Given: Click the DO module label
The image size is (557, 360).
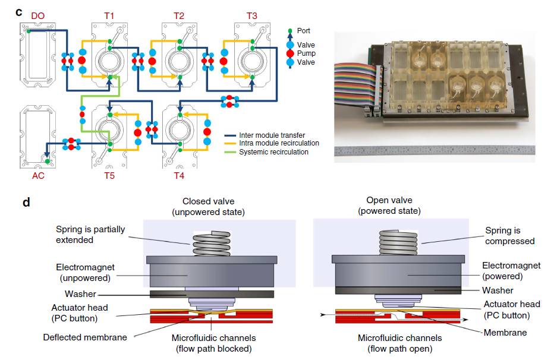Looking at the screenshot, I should (x=37, y=15).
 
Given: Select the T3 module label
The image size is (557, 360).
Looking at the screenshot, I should (x=251, y=15).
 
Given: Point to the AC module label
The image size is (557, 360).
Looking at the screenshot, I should (x=37, y=176).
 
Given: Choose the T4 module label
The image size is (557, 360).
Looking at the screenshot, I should (x=180, y=176).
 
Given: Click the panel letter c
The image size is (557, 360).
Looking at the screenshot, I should (x=19, y=11).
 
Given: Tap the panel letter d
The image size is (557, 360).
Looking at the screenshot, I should (x=26, y=203).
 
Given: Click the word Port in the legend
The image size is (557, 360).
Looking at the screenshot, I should (x=304, y=31).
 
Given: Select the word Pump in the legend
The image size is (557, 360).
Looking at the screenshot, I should (x=306, y=53).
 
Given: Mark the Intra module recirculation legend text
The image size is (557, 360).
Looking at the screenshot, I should (x=279, y=143).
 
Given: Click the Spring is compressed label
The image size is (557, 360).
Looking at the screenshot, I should (x=509, y=236).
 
